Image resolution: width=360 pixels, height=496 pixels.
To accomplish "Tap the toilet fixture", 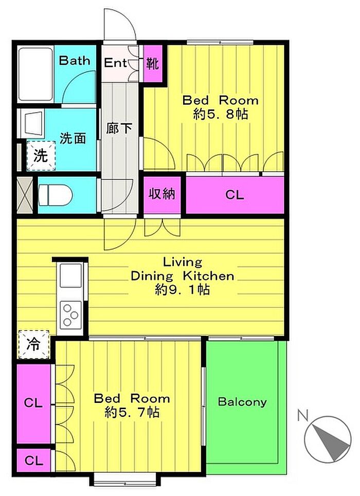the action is click(x=56, y=194).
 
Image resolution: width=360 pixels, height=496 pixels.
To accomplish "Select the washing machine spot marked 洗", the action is click(x=41, y=156).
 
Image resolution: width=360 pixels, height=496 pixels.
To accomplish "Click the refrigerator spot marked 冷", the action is click(x=34, y=344).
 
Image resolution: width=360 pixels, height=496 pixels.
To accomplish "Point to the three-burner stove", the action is click(x=70, y=315).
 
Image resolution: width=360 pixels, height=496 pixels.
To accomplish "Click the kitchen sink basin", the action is click(x=70, y=275).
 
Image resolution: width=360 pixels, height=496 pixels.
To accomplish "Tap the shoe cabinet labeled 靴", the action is click(x=153, y=63).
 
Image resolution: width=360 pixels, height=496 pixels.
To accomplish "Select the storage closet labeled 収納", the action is click(x=162, y=194).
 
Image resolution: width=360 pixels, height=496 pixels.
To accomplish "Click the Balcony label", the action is click(x=242, y=402).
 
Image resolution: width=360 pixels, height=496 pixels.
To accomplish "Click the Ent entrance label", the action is click(x=115, y=63).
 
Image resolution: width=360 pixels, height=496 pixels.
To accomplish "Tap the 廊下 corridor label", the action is click(x=119, y=128).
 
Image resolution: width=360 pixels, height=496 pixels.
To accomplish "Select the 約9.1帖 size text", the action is click(x=182, y=289).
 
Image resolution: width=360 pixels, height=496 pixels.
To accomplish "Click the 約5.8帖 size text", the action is click(x=220, y=114).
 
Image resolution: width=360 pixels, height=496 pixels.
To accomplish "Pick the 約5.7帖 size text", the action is click(x=132, y=412).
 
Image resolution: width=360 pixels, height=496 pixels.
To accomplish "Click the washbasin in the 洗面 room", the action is click(x=32, y=123).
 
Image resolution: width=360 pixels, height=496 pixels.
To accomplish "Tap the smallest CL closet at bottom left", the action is click(x=33, y=460).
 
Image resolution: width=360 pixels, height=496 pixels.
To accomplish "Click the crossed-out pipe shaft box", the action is click(x=25, y=194).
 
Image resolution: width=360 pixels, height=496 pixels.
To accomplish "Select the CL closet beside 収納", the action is click(x=235, y=194).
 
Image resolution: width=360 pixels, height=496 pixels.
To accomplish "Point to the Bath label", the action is click(x=75, y=60).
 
